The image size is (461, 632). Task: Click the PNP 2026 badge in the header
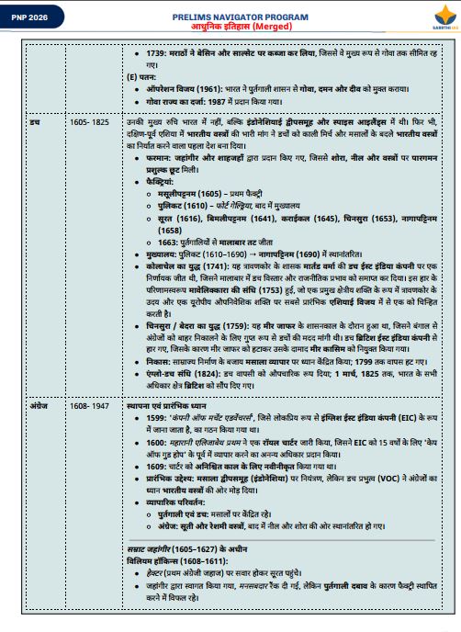tap(31, 17)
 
